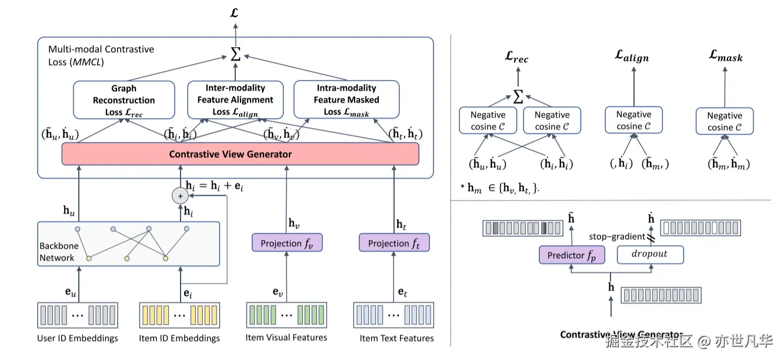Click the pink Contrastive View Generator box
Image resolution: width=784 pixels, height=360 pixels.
[x=240, y=154]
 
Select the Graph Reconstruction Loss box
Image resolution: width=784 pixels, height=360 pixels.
[x=124, y=100]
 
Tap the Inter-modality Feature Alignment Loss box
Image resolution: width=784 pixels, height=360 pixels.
[x=235, y=100]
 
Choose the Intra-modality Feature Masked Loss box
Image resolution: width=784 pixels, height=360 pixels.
[x=346, y=100]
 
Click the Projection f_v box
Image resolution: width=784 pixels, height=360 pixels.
[x=287, y=243]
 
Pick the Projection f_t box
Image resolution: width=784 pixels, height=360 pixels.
[x=394, y=243]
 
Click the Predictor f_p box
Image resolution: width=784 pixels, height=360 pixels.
[x=572, y=255]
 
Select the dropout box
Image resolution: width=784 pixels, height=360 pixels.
[x=650, y=255]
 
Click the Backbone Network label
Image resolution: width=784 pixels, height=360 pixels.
[x=57, y=252]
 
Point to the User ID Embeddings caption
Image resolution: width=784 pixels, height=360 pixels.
[x=78, y=338]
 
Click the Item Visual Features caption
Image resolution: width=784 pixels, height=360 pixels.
[x=286, y=338]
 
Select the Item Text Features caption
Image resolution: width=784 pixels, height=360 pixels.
[x=397, y=338]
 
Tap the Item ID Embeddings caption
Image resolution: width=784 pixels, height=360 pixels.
[x=179, y=338]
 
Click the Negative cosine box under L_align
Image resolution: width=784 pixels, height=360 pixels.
[x=633, y=120]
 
